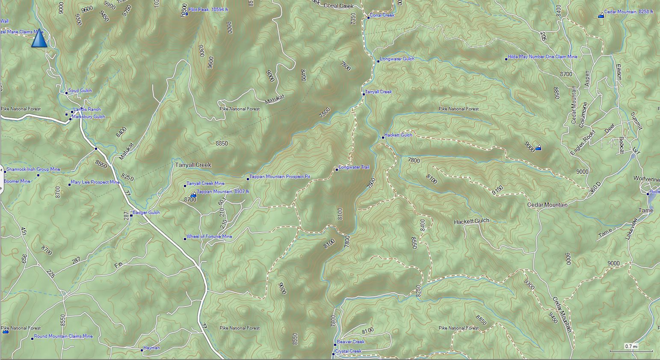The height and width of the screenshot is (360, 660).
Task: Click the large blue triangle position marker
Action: click(39, 38)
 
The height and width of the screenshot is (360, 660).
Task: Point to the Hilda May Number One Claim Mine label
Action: click(542, 57)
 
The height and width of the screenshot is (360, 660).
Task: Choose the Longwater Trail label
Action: click(354, 167)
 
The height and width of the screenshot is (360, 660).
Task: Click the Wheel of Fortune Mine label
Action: click(209, 237)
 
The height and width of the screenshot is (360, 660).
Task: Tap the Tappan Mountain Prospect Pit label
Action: click(280, 177)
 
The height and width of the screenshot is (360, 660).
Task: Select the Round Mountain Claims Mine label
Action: click(63, 336)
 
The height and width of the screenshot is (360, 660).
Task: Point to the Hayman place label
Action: click(151, 348)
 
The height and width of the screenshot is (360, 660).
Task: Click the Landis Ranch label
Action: click(87, 110)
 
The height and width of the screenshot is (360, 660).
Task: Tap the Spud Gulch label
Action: click(80, 91)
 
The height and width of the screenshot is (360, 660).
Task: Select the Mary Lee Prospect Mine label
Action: click(95, 182)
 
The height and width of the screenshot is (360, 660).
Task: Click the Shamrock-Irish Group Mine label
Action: click(33, 170)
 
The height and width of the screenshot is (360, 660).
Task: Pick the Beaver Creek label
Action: click(351, 342)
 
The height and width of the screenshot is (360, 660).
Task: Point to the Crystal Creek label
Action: click(348, 351)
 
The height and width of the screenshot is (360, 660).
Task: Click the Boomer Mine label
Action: click(17, 181)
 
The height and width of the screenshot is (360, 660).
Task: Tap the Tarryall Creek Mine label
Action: click(205, 184)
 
